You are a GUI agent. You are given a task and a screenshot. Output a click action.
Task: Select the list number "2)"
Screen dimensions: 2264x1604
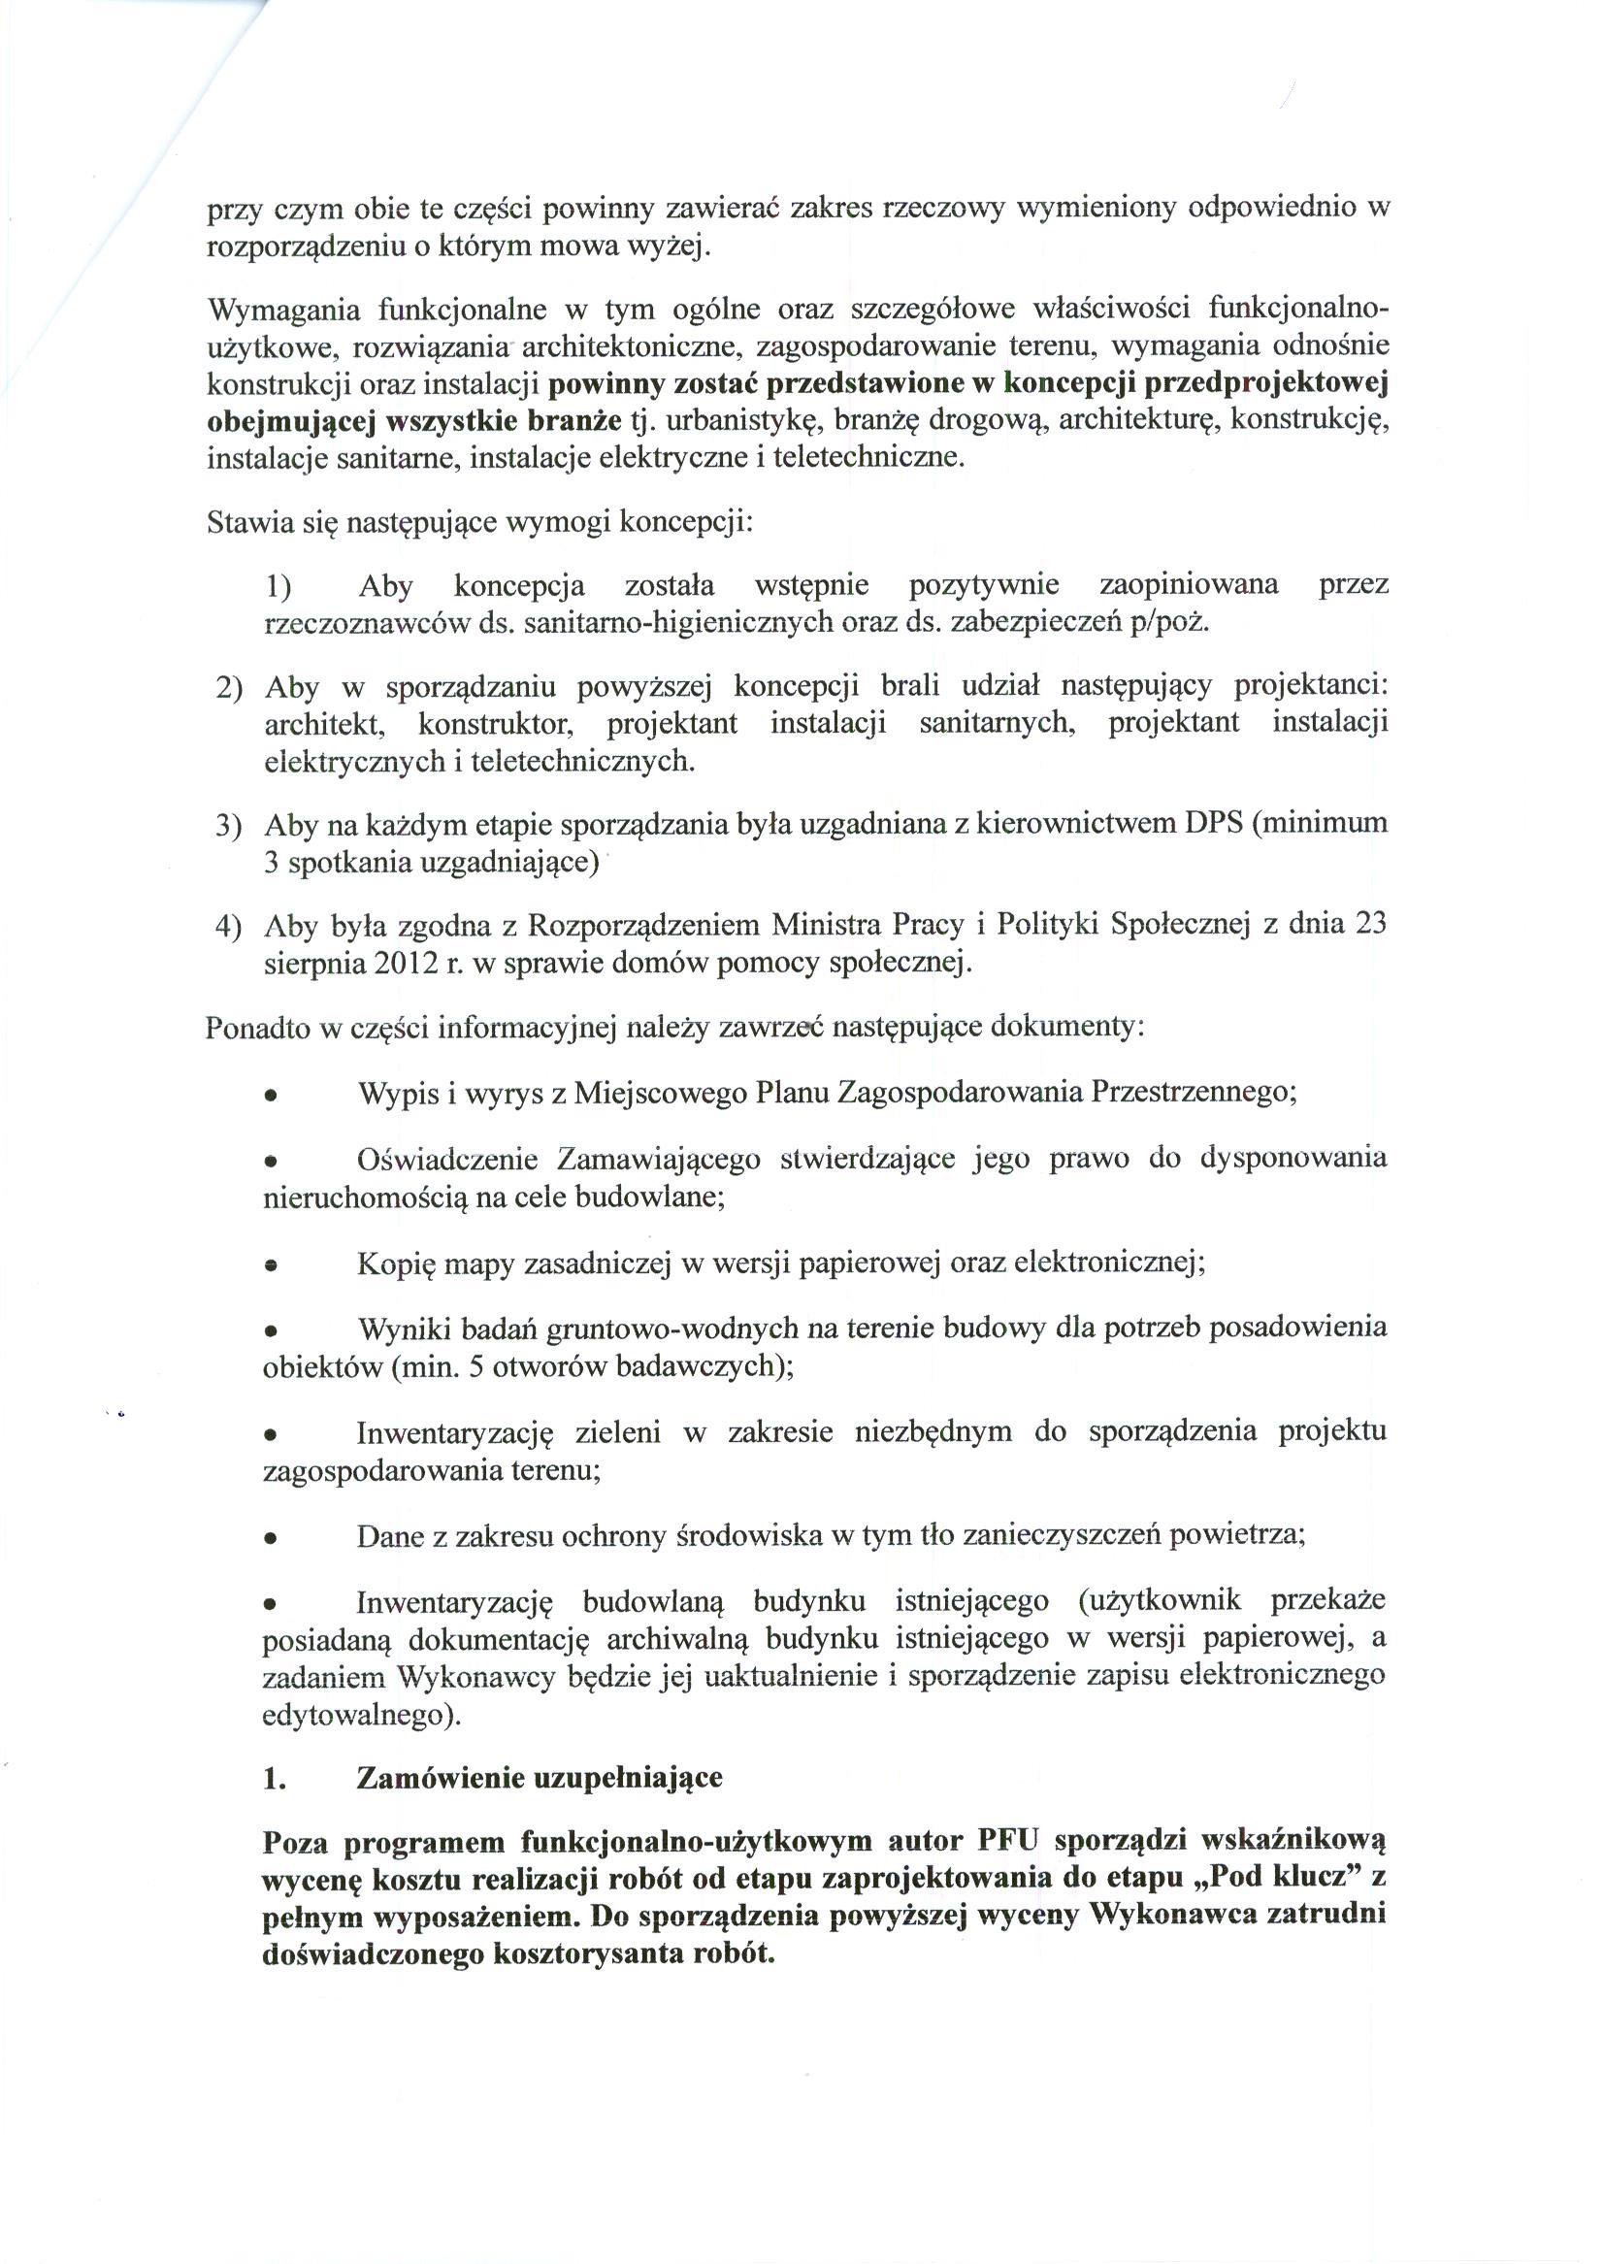click(x=229, y=687)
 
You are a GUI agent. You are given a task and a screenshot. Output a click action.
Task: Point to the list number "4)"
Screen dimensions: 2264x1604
click(x=229, y=926)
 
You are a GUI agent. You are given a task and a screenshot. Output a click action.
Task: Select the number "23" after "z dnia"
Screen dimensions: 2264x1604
click(x=1370, y=924)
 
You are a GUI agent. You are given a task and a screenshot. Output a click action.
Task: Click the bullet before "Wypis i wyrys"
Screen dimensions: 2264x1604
click(x=270, y=1097)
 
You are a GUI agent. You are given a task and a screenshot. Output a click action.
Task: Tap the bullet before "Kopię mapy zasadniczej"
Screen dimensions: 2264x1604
click(x=270, y=1266)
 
